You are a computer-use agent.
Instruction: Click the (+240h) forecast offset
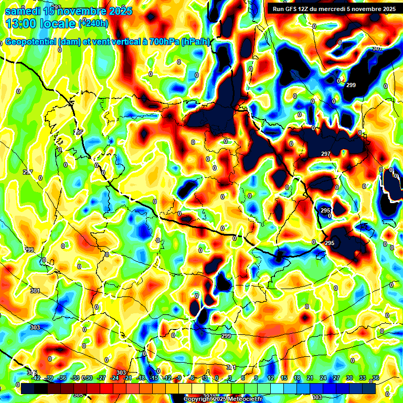tap(93, 23)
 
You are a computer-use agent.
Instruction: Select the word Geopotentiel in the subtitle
tap(32, 42)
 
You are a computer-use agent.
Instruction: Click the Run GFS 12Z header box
tap(332, 8)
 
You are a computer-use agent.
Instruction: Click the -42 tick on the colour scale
tap(35, 378)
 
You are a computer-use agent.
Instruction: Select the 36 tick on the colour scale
tap(376, 378)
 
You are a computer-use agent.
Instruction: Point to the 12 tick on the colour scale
tap(271, 378)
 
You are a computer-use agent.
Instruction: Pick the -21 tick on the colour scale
tap(128, 378)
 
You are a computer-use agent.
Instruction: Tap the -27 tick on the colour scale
tap(101, 378)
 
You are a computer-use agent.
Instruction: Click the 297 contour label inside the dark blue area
tap(326, 154)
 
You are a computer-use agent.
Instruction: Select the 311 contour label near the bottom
tap(231, 367)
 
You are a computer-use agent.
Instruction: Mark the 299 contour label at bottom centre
tap(226, 336)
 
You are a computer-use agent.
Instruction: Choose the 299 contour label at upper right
tap(351, 85)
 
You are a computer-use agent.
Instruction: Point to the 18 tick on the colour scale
tap(297, 378)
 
